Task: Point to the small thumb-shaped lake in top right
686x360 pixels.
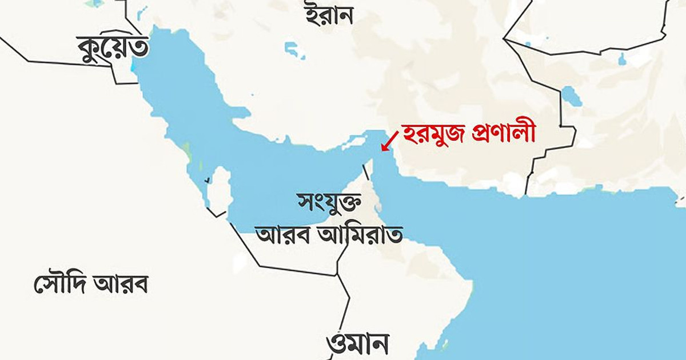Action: tap(622, 58)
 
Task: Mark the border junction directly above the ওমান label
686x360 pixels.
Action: tap(338, 275)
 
